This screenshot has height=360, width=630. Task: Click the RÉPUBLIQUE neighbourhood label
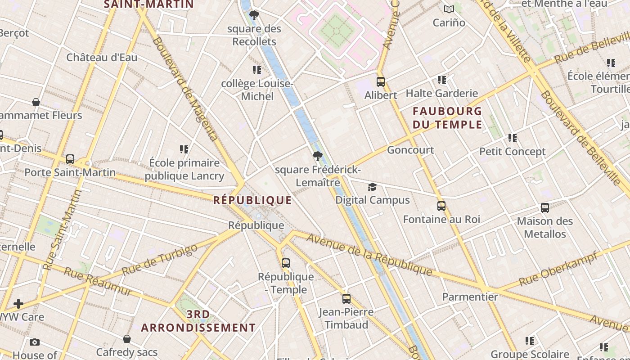pos(252,200)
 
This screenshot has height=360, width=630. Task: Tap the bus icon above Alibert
pos(381,82)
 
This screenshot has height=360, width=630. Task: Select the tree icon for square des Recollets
pos(254,15)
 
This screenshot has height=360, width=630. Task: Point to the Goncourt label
pos(410,150)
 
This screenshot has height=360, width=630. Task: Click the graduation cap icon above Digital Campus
pos(372,187)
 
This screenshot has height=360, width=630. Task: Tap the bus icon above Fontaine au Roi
pos(441,206)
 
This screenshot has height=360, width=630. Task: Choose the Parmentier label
pos(470,297)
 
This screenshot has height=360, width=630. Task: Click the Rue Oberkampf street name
pos(558,269)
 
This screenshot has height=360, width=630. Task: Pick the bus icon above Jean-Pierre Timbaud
pos(346,298)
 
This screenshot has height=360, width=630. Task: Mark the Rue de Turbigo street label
pos(160,260)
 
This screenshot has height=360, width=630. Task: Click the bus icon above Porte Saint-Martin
pos(70,159)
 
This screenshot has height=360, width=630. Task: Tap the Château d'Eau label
pos(102,58)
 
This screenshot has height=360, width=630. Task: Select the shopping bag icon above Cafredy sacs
pos(127,339)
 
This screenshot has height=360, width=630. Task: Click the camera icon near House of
pos(35,342)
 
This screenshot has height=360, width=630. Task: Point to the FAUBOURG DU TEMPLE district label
pos(447,117)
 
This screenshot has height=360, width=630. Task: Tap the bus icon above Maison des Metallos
pos(545,208)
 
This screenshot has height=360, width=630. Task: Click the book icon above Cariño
pos(449,9)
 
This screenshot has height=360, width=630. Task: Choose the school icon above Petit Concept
pos(513,138)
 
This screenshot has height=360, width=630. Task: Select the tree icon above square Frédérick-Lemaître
pos(318,157)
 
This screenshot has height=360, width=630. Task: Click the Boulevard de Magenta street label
pos(185,88)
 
